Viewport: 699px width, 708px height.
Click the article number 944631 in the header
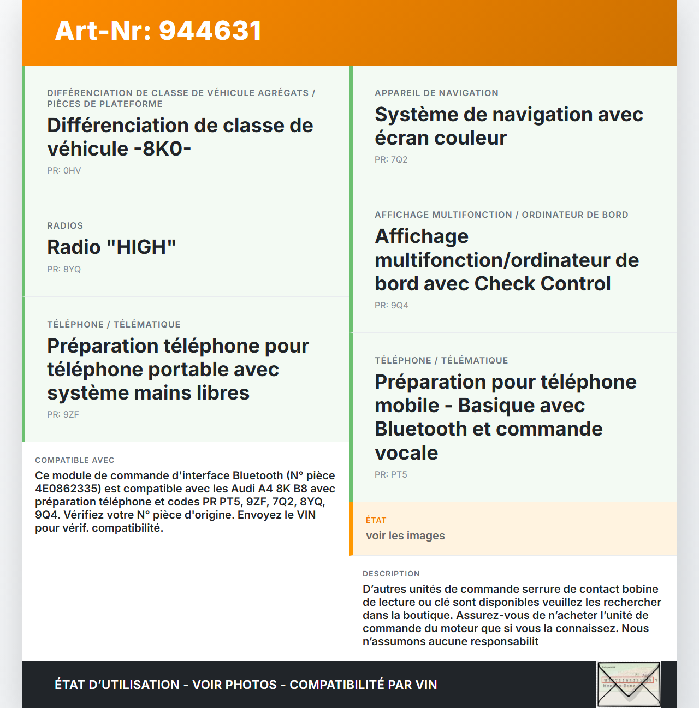(x=210, y=31)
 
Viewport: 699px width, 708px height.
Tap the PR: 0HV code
(x=64, y=170)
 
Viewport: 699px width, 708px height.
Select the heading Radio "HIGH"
(x=111, y=247)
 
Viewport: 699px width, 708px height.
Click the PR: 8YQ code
(x=64, y=269)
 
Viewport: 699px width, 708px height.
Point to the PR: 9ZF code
(x=63, y=414)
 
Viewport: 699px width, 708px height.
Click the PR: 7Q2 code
(x=391, y=159)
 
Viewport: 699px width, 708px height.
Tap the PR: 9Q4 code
(x=391, y=305)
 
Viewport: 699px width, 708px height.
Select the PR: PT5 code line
(x=391, y=474)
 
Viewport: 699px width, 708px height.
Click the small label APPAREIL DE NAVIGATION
(x=436, y=93)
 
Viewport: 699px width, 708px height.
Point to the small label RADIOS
(x=65, y=225)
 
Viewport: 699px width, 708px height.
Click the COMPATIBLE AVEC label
(x=75, y=460)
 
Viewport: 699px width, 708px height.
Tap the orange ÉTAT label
(x=376, y=520)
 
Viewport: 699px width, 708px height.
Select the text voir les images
(x=405, y=536)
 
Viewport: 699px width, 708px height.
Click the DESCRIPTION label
(x=391, y=574)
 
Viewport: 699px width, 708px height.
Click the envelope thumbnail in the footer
(x=629, y=685)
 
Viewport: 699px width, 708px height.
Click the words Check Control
(x=542, y=284)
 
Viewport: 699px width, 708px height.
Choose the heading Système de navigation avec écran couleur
(x=508, y=126)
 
